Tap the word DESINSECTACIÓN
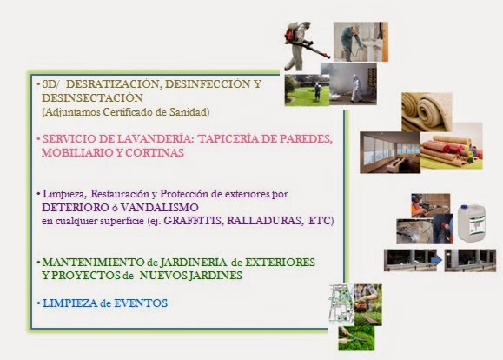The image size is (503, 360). click(92, 98)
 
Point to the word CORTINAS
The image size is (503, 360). click(155, 152)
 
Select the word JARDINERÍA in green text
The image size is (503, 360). click(193, 263)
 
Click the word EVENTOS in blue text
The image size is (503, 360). click(141, 303)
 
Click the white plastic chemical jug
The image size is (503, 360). click(471, 223)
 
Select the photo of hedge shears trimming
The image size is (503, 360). click(356, 337)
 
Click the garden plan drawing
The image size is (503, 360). click(341, 303)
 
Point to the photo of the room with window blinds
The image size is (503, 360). click(390, 152)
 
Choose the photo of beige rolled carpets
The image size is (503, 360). click(427, 112)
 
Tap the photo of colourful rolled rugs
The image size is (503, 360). click(452, 148)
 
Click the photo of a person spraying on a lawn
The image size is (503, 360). click(307, 90)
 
